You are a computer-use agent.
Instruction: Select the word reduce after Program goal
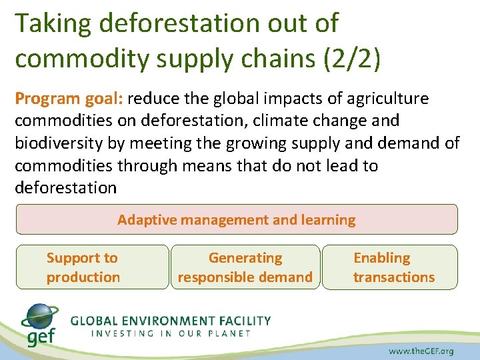point(153,99)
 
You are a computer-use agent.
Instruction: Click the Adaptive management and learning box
point(237,219)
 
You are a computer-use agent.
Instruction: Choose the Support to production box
point(92,267)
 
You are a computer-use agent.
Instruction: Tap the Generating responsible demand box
point(245,267)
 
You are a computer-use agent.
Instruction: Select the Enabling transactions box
point(390,267)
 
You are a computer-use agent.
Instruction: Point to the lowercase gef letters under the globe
point(43,337)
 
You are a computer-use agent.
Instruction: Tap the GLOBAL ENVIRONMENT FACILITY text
point(171,320)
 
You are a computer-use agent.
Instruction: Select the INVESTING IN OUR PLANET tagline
point(171,333)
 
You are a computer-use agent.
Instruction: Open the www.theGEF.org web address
point(421,351)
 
